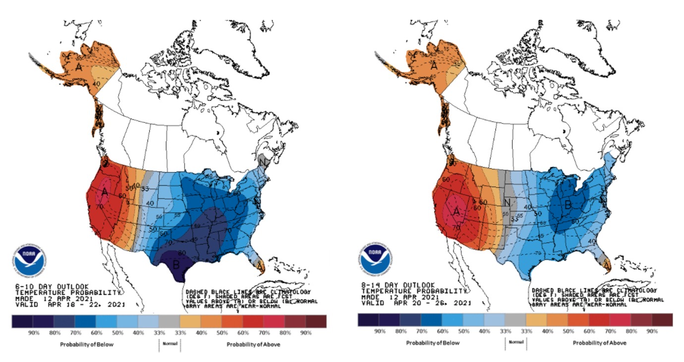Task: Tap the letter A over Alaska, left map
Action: tap(79, 66)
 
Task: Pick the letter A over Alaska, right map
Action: tap(433, 65)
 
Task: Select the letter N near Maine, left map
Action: tap(267, 162)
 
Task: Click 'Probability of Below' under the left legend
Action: tap(85, 344)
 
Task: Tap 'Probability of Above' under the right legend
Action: tap(599, 343)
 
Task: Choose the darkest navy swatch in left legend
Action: tap(22, 321)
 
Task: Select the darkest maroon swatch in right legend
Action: tap(663, 320)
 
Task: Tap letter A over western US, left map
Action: tap(105, 191)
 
